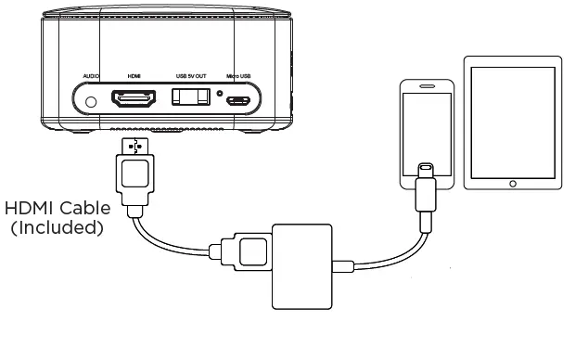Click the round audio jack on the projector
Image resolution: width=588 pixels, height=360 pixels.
(x=91, y=100)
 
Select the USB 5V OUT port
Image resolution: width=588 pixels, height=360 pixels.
(x=190, y=98)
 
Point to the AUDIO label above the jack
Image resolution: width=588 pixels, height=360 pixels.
(x=91, y=75)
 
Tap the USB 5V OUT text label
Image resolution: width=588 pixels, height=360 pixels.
(x=191, y=75)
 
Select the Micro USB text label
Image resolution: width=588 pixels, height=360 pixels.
(x=239, y=75)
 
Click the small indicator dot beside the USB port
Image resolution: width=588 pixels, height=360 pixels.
(x=219, y=93)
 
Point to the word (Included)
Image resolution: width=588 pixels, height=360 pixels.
(x=57, y=226)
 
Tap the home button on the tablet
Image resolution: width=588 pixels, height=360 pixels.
(x=513, y=184)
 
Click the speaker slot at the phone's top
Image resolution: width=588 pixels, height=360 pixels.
(x=426, y=87)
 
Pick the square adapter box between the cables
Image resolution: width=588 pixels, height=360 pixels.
(x=302, y=264)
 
